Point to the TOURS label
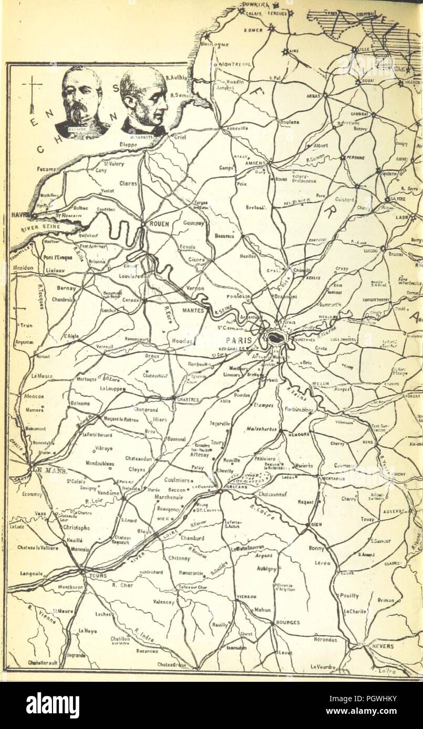[99, 575]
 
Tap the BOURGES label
[287, 623]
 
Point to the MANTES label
[193, 310]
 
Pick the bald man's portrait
[143, 101]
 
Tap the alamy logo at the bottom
[52, 704]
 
